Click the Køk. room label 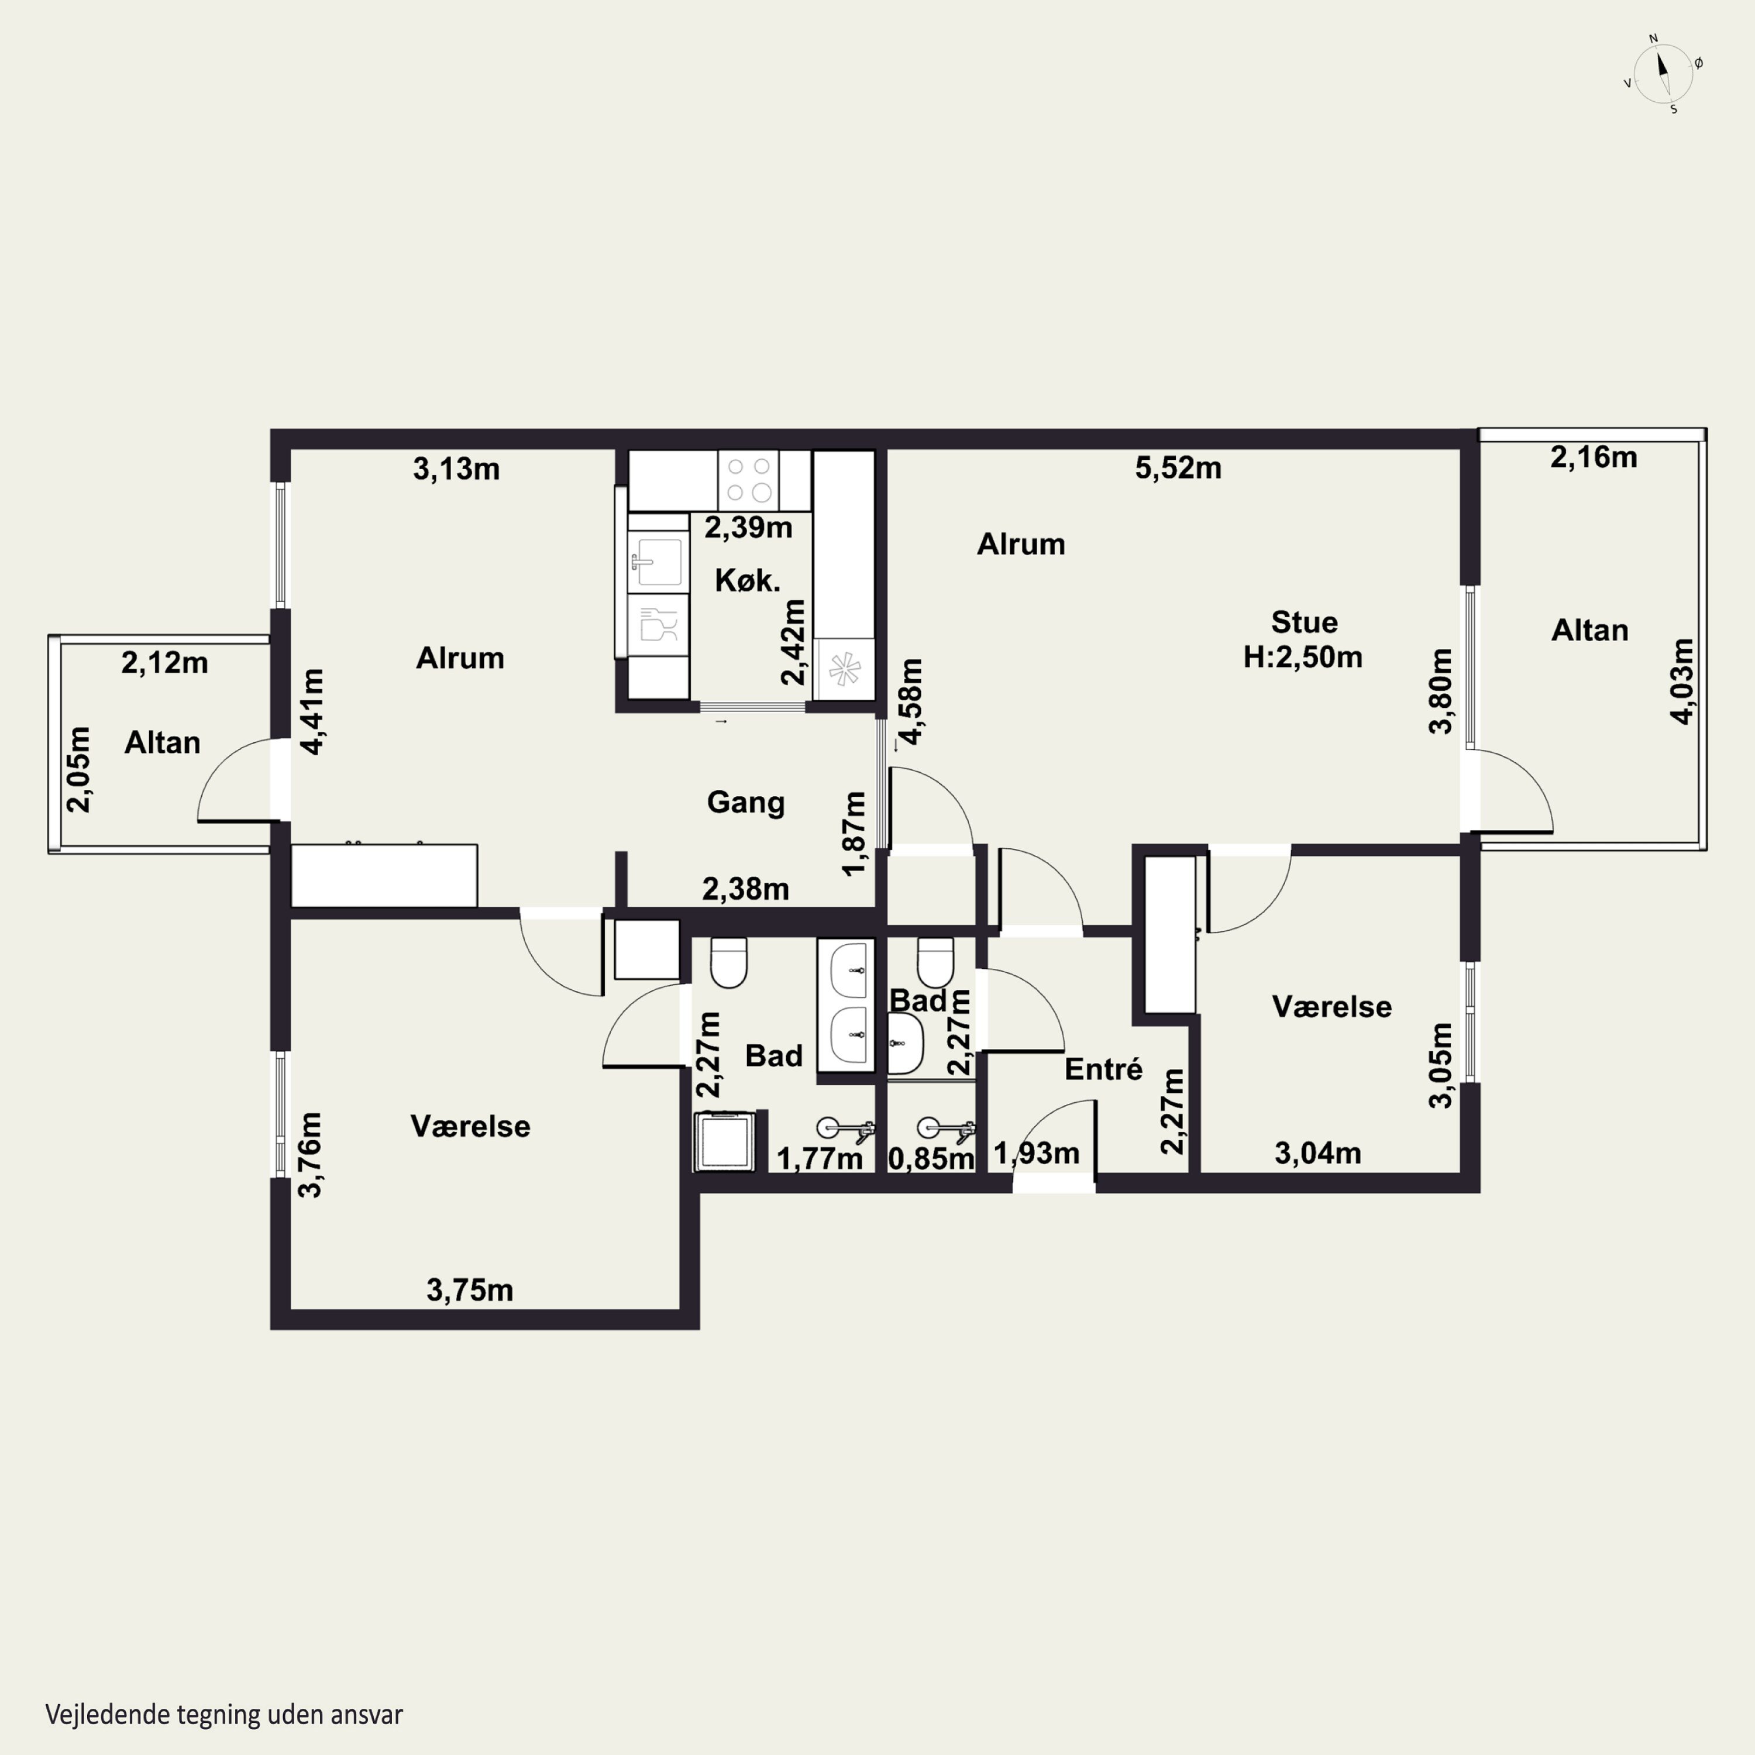[748, 580]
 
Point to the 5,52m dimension [1178, 468]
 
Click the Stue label [1303, 622]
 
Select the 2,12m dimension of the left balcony [164, 663]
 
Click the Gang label [746, 802]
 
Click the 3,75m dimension [470, 1290]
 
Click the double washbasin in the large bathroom [846, 1004]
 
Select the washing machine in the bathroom [725, 1141]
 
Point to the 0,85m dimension [931, 1158]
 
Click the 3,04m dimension [1318, 1154]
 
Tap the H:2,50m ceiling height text [1303, 657]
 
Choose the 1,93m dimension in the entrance [1037, 1154]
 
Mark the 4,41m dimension [312, 711]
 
